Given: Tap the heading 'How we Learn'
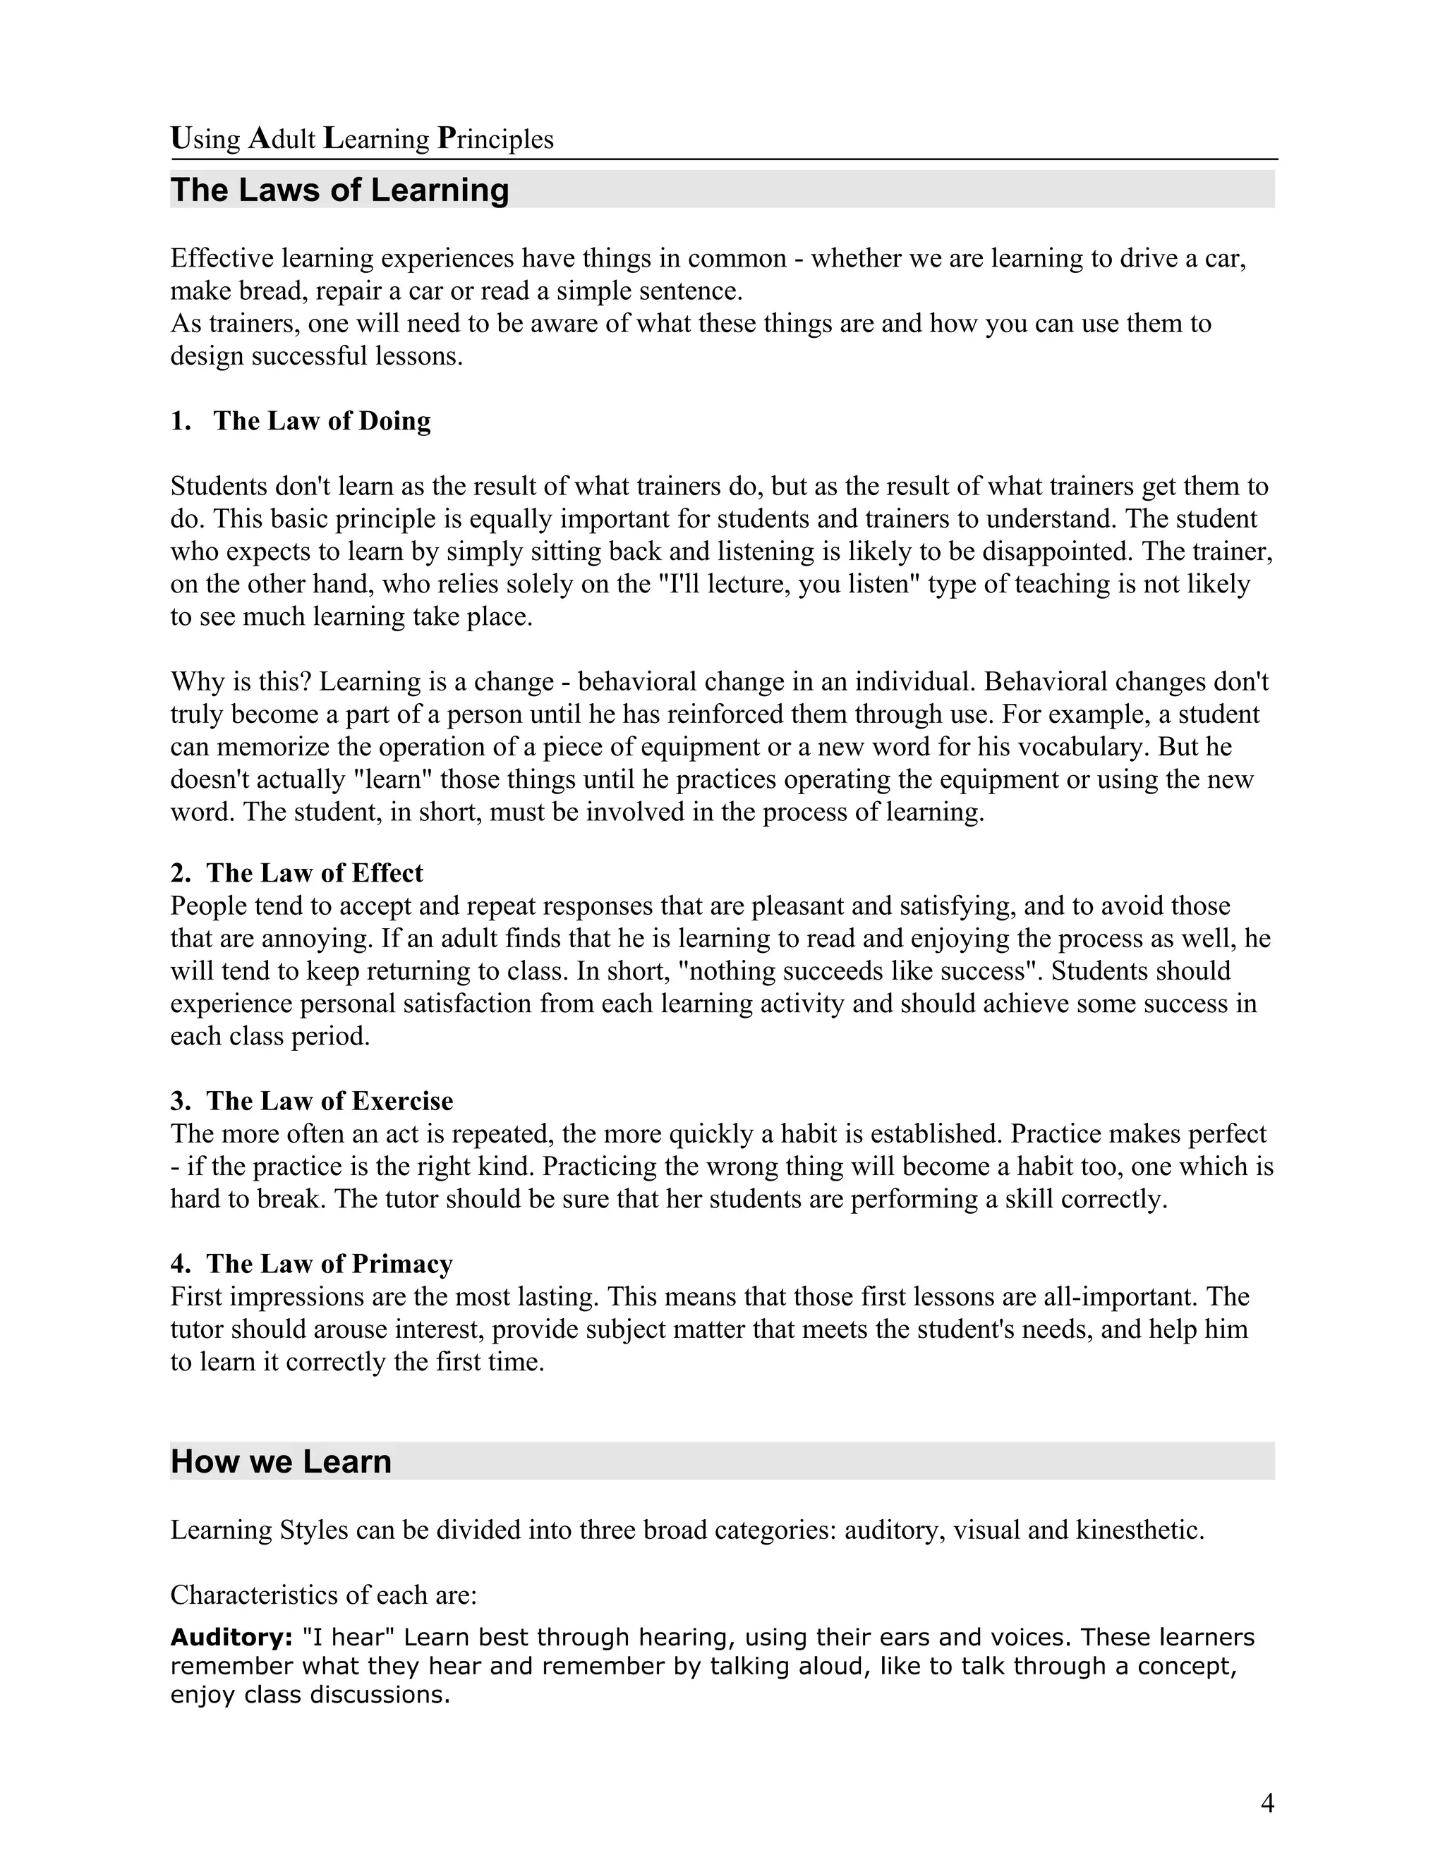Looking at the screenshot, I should [281, 1461].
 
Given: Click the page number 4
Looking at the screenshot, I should [1267, 1803].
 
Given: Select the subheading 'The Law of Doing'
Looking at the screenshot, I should [322, 421].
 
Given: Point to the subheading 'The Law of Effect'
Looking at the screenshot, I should [314, 873].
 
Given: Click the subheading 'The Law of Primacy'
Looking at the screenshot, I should [329, 1264].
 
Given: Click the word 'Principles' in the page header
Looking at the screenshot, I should [495, 139].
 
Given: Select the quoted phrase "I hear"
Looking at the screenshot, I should [349, 1637].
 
